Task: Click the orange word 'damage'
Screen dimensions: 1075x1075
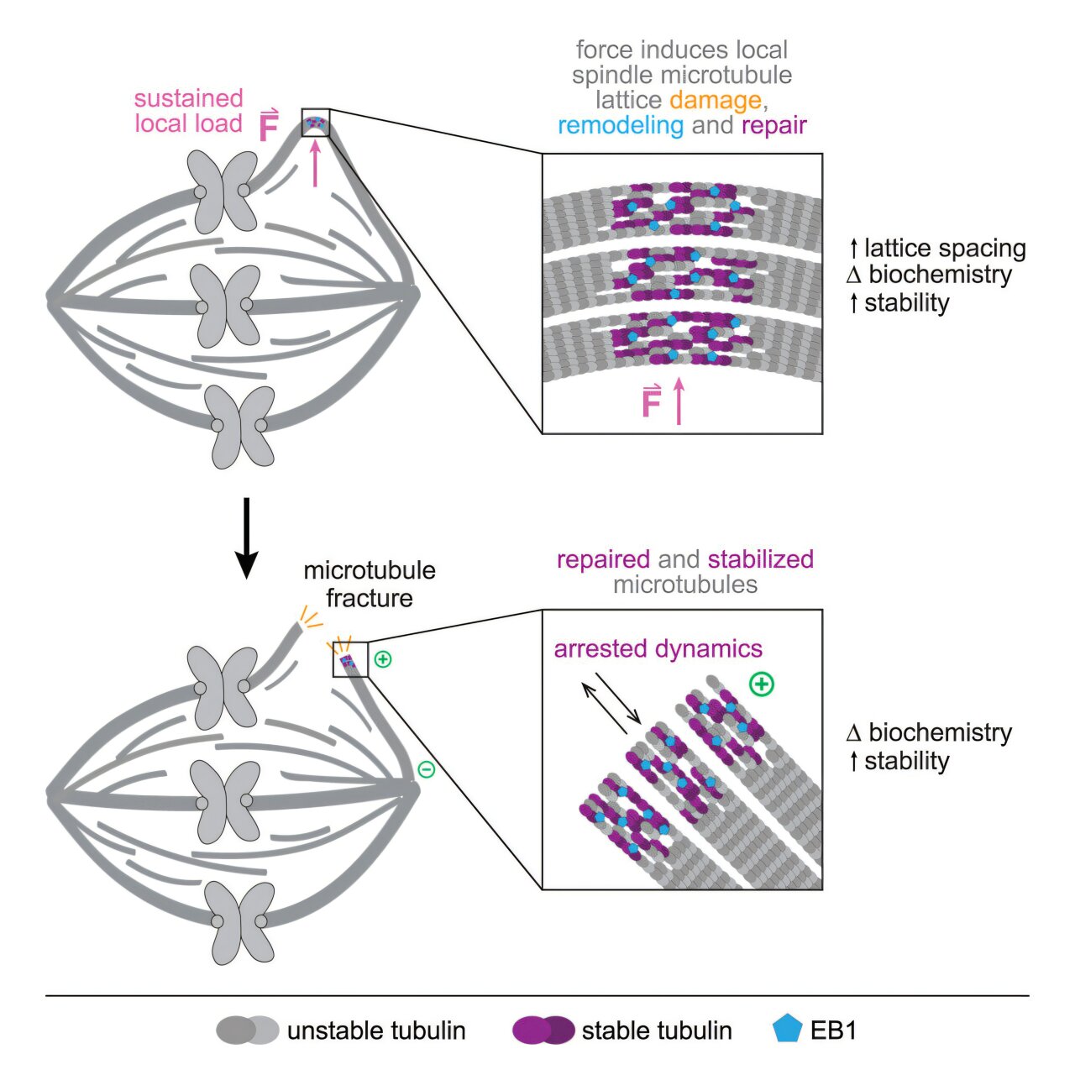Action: (x=715, y=101)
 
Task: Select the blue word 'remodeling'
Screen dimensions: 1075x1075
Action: (x=621, y=126)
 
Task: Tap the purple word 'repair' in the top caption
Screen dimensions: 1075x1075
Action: (x=773, y=126)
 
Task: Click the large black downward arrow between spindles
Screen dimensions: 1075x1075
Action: (x=246, y=538)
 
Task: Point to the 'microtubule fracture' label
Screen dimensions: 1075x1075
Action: (x=370, y=584)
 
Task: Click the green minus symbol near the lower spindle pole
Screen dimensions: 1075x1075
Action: (x=427, y=768)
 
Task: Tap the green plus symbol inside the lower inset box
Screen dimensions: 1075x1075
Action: (x=762, y=684)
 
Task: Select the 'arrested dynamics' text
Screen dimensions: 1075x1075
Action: (x=658, y=648)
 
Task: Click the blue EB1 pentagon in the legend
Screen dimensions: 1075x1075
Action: (x=787, y=1030)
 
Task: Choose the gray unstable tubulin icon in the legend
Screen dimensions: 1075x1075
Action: (x=247, y=1030)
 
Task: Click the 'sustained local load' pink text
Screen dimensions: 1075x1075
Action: (x=188, y=111)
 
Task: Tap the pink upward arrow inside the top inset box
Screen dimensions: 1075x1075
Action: (x=679, y=401)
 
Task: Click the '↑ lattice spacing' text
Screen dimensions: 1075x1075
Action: (x=937, y=249)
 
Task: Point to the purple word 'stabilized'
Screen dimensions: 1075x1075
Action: (x=760, y=559)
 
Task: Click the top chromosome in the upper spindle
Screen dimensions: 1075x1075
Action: (x=223, y=191)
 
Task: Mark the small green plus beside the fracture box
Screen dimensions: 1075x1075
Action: (x=383, y=659)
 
